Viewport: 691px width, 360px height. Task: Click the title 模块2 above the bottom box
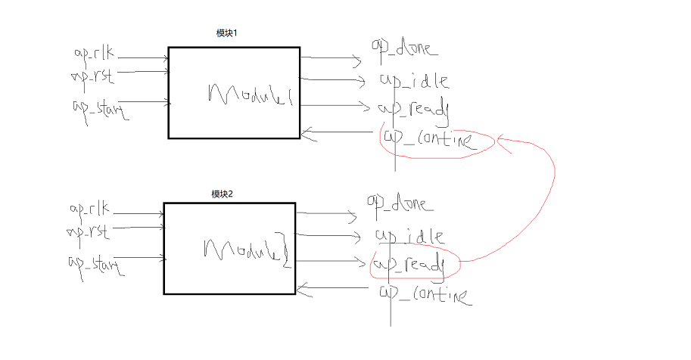coord(222,194)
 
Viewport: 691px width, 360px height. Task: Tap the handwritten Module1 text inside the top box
coord(250,95)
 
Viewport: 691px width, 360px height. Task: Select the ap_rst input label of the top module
coord(92,75)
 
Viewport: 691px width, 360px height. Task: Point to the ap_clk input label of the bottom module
coord(89,209)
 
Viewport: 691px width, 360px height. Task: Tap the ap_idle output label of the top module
coord(414,80)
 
